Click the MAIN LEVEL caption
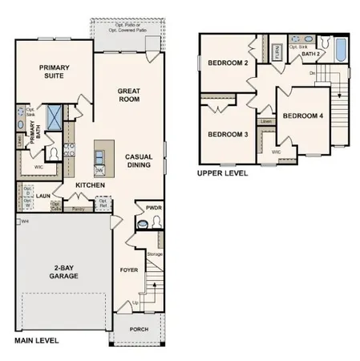point(37,341)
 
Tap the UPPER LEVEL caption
point(222,172)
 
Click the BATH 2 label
point(311,55)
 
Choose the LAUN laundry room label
point(43,194)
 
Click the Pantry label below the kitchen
point(79,209)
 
